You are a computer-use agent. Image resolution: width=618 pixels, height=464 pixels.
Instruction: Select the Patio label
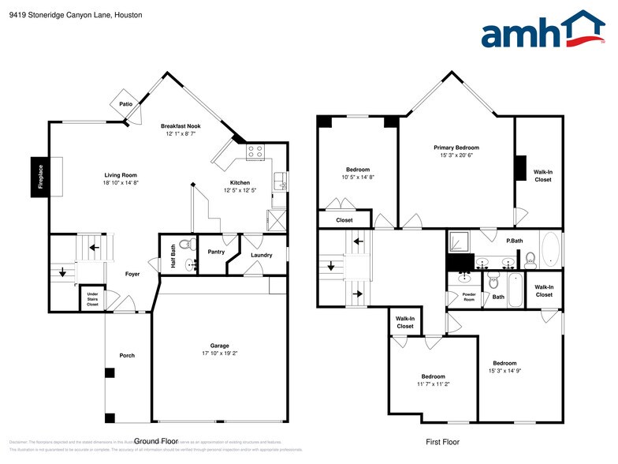(125, 103)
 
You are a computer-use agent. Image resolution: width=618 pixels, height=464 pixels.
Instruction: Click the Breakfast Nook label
(181, 126)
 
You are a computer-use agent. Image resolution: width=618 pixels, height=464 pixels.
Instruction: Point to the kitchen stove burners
(255, 152)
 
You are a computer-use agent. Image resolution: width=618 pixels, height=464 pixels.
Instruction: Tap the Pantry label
(216, 252)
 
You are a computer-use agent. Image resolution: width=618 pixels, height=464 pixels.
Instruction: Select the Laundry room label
(261, 255)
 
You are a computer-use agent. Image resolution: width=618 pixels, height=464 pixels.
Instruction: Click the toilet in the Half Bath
(187, 244)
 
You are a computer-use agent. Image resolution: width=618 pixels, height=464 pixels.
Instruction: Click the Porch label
(127, 355)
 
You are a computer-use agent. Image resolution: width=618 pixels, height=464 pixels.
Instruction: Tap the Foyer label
(132, 275)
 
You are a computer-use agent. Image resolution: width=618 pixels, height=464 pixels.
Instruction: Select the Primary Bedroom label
(456, 148)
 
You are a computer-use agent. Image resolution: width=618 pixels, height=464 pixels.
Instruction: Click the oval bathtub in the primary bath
(551, 250)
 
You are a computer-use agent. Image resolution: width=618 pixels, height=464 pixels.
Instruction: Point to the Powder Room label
(469, 298)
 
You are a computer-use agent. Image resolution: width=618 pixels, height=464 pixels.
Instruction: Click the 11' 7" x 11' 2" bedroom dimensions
(433, 384)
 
